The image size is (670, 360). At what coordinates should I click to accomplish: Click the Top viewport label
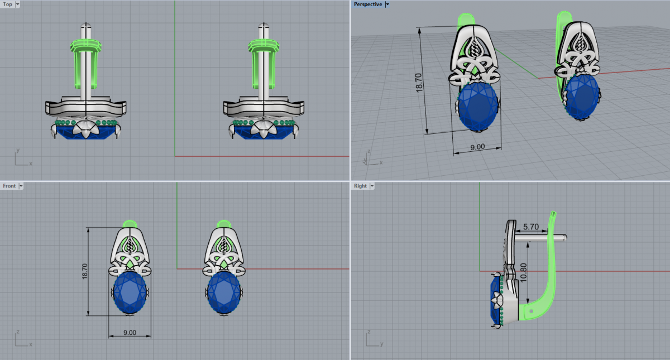tap(7, 4)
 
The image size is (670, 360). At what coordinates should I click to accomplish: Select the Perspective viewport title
tap(367, 4)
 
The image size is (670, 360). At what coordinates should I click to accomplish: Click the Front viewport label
tap(9, 186)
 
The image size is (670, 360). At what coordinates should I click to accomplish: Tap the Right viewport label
tap(360, 186)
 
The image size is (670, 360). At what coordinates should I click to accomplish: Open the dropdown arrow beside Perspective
tap(387, 4)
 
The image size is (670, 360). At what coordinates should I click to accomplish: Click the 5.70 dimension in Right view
tap(531, 227)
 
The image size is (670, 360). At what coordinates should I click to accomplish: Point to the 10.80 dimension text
tap(524, 272)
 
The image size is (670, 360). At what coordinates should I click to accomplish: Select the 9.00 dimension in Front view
tap(130, 333)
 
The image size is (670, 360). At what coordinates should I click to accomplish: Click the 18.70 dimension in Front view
tap(85, 271)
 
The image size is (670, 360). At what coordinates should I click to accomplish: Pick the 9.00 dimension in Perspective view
tap(477, 147)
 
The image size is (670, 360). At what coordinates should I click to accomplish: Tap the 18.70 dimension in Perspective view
tap(419, 83)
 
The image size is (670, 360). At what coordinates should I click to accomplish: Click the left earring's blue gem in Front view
tap(130, 292)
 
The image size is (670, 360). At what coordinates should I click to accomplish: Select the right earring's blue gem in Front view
tap(224, 292)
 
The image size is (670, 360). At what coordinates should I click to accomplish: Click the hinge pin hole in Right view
tap(531, 311)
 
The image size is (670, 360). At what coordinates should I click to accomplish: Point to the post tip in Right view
tap(564, 238)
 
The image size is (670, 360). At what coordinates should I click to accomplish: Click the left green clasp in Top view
tap(86, 64)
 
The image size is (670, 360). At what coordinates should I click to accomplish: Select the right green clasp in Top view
tap(264, 64)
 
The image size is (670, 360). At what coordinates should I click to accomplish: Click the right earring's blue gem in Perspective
tap(581, 97)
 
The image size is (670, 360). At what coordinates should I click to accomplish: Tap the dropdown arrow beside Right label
tap(372, 186)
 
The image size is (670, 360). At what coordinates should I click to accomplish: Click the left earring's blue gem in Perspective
tap(478, 106)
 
